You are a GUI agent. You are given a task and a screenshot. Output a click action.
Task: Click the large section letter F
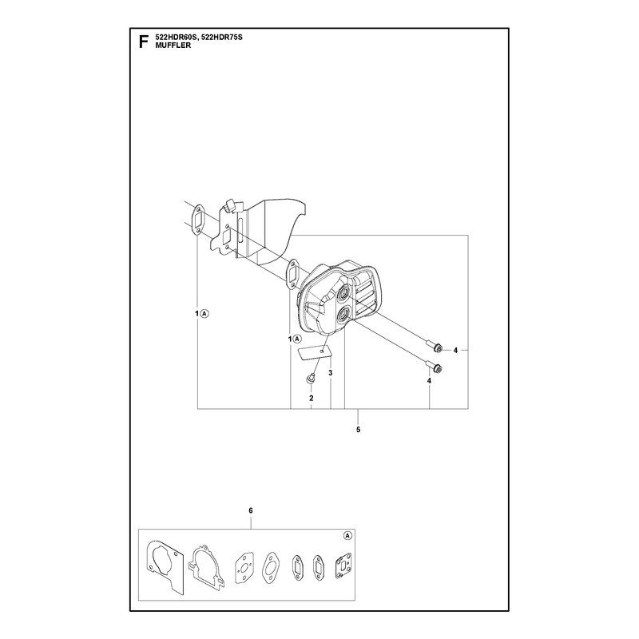(x=143, y=42)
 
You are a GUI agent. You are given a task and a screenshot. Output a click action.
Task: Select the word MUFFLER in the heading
(x=173, y=46)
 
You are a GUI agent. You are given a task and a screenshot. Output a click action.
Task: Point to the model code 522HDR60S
(x=176, y=38)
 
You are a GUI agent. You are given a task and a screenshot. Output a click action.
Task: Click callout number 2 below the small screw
(x=312, y=398)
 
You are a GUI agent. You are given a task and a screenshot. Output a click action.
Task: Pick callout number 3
(x=331, y=373)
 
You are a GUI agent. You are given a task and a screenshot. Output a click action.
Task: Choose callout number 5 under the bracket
(x=358, y=430)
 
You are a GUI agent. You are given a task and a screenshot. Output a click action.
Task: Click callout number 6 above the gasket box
(x=251, y=510)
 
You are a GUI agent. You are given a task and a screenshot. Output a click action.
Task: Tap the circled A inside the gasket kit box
(x=347, y=536)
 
